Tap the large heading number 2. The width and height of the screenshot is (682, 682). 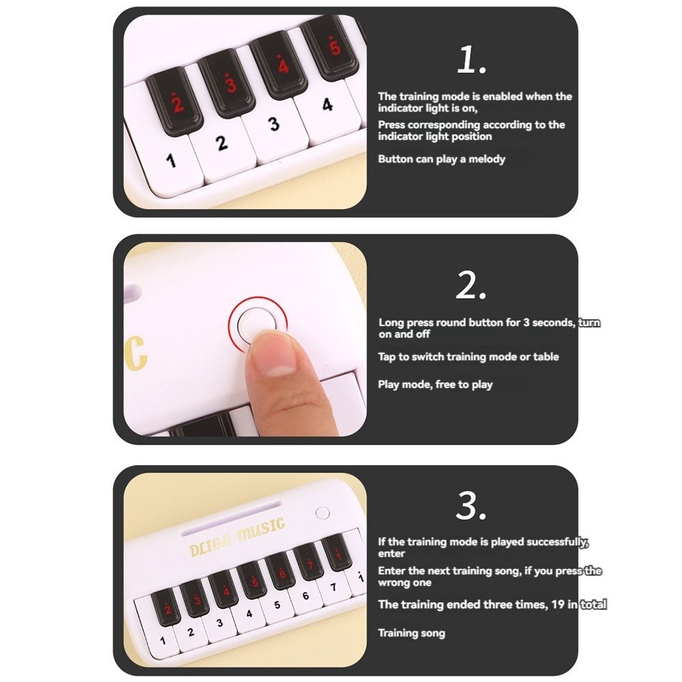click(x=471, y=286)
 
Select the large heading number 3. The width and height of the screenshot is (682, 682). click(x=471, y=506)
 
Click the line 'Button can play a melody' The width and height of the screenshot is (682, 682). click(x=441, y=159)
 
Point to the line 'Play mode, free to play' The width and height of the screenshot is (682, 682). click(x=435, y=385)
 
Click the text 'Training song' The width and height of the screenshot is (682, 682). click(x=411, y=633)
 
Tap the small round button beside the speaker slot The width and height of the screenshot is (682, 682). click(x=323, y=512)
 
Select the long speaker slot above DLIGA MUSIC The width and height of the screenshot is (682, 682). click(x=231, y=512)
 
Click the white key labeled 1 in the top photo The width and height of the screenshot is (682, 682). click(x=170, y=164)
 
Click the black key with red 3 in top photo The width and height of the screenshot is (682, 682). click(x=230, y=85)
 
